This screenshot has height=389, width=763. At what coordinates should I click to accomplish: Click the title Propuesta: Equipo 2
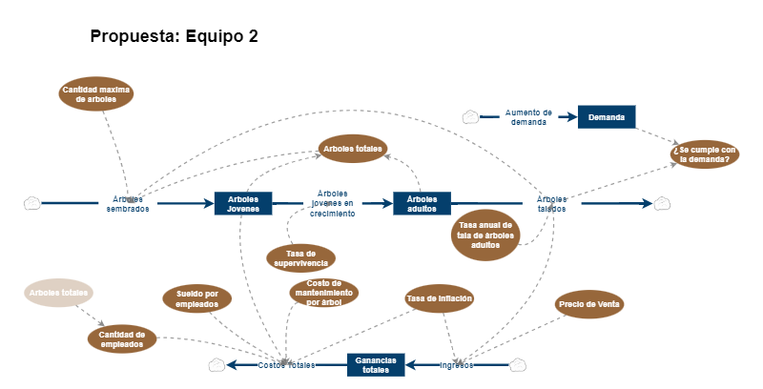[175, 36]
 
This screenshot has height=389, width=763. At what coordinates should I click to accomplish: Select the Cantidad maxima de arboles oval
[96, 93]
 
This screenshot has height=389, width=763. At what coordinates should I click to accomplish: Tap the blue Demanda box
[607, 117]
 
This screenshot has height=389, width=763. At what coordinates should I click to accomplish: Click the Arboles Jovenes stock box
[243, 203]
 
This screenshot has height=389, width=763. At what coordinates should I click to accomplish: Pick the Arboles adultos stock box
[422, 203]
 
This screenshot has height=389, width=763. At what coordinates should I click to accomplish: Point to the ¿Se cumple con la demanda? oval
[705, 154]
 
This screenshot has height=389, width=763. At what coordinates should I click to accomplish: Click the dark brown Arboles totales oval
[353, 149]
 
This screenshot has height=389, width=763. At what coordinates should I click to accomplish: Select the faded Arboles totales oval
[59, 293]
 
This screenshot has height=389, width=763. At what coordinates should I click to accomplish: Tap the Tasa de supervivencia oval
[300, 257]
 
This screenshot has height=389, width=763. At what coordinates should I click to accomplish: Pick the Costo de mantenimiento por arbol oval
[324, 293]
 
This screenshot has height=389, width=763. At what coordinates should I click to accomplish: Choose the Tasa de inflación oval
[440, 298]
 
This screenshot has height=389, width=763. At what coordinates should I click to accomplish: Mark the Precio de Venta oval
[590, 304]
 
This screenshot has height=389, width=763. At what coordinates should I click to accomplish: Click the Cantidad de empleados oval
[122, 338]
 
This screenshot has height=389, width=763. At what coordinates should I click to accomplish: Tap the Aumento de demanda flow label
[528, 117]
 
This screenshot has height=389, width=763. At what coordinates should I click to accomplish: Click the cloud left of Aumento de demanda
[470, 117]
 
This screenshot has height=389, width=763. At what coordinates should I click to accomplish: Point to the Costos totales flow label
[286, 365]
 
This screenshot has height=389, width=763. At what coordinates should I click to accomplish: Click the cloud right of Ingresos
[518, 364]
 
